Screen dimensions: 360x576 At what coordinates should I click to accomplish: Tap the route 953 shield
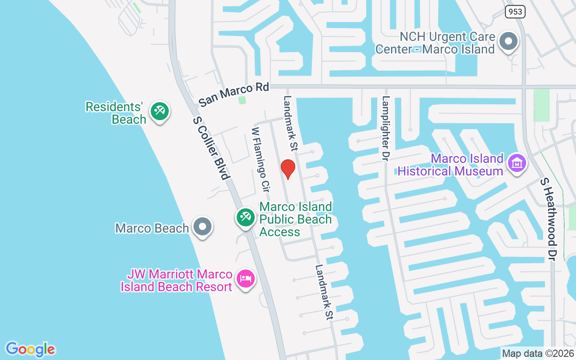(515, 11)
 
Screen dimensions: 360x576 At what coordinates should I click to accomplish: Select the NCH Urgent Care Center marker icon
(509, 41)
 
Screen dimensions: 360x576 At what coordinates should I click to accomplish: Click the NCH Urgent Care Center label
(435, 43)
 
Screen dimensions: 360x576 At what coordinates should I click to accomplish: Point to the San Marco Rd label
(234, 94)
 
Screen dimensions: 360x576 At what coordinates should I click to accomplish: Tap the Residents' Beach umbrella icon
(160, 110)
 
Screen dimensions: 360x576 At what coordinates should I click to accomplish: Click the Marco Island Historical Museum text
(450, 165)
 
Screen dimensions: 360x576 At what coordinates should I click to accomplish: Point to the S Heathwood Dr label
(550, 218)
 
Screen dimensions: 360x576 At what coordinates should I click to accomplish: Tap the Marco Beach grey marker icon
(202, 226)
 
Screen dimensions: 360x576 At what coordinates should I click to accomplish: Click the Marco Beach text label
(152, 228)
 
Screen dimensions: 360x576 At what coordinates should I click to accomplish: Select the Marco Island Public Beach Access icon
(246, 217)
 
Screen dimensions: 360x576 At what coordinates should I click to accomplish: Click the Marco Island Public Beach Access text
(296, 219)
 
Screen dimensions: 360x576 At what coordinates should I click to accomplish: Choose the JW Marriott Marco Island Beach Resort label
(176, 280)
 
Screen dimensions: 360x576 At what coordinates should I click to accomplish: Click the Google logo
(31, 349)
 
